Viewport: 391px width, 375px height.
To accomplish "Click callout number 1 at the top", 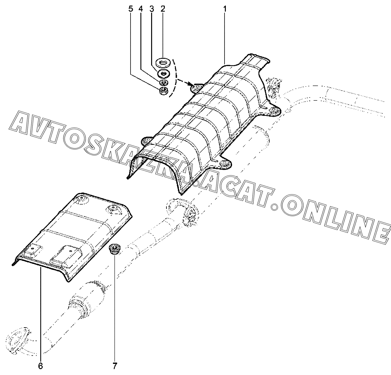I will coord(225,9).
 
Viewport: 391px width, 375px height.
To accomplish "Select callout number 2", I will coord(162,9).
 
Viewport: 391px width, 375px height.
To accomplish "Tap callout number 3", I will coord(151,9).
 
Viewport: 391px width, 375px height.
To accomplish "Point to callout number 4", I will coord(141,9).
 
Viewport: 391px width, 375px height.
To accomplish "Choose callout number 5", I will coord(131,9).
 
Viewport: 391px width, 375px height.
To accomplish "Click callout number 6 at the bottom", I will coord(40,366).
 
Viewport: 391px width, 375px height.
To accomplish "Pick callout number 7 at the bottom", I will coord(115,366).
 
